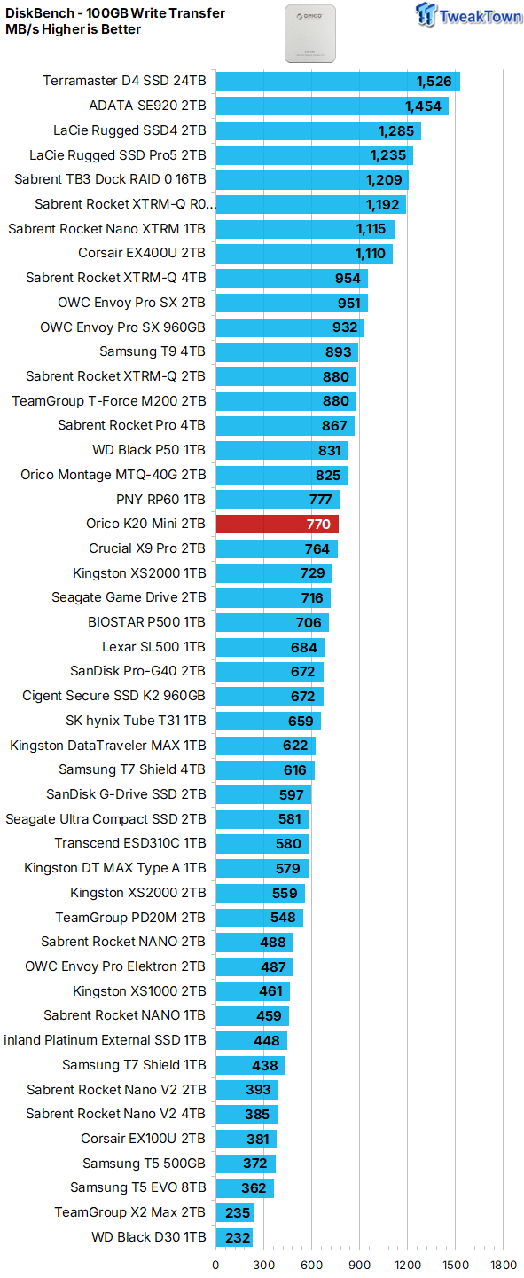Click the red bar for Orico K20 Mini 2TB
tap(278, 524)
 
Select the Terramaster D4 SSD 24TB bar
tap(338, 81)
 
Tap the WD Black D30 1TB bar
tap(234, 1237)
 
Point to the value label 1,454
tap(423, 106)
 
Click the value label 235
tap(238, 1212)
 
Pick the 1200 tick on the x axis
tap(408, 1265)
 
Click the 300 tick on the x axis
tap(264, 1265)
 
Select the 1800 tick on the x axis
tap(504, 1265)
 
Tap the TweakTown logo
tap(468, 15)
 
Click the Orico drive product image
tap(310, 34)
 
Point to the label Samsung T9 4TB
tap(153, 351)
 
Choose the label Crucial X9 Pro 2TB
tap(147, 548)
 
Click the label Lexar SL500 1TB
tap(154, 647)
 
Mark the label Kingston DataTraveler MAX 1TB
tap(108, 745)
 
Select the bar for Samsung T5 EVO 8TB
tap(246, 1187)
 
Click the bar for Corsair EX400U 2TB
tap(304, 253)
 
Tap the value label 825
tap(328, 476)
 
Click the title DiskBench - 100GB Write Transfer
tap(115, 13)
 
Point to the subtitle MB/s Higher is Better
tap(73, 29)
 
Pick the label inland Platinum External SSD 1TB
tap(105, 1040)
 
